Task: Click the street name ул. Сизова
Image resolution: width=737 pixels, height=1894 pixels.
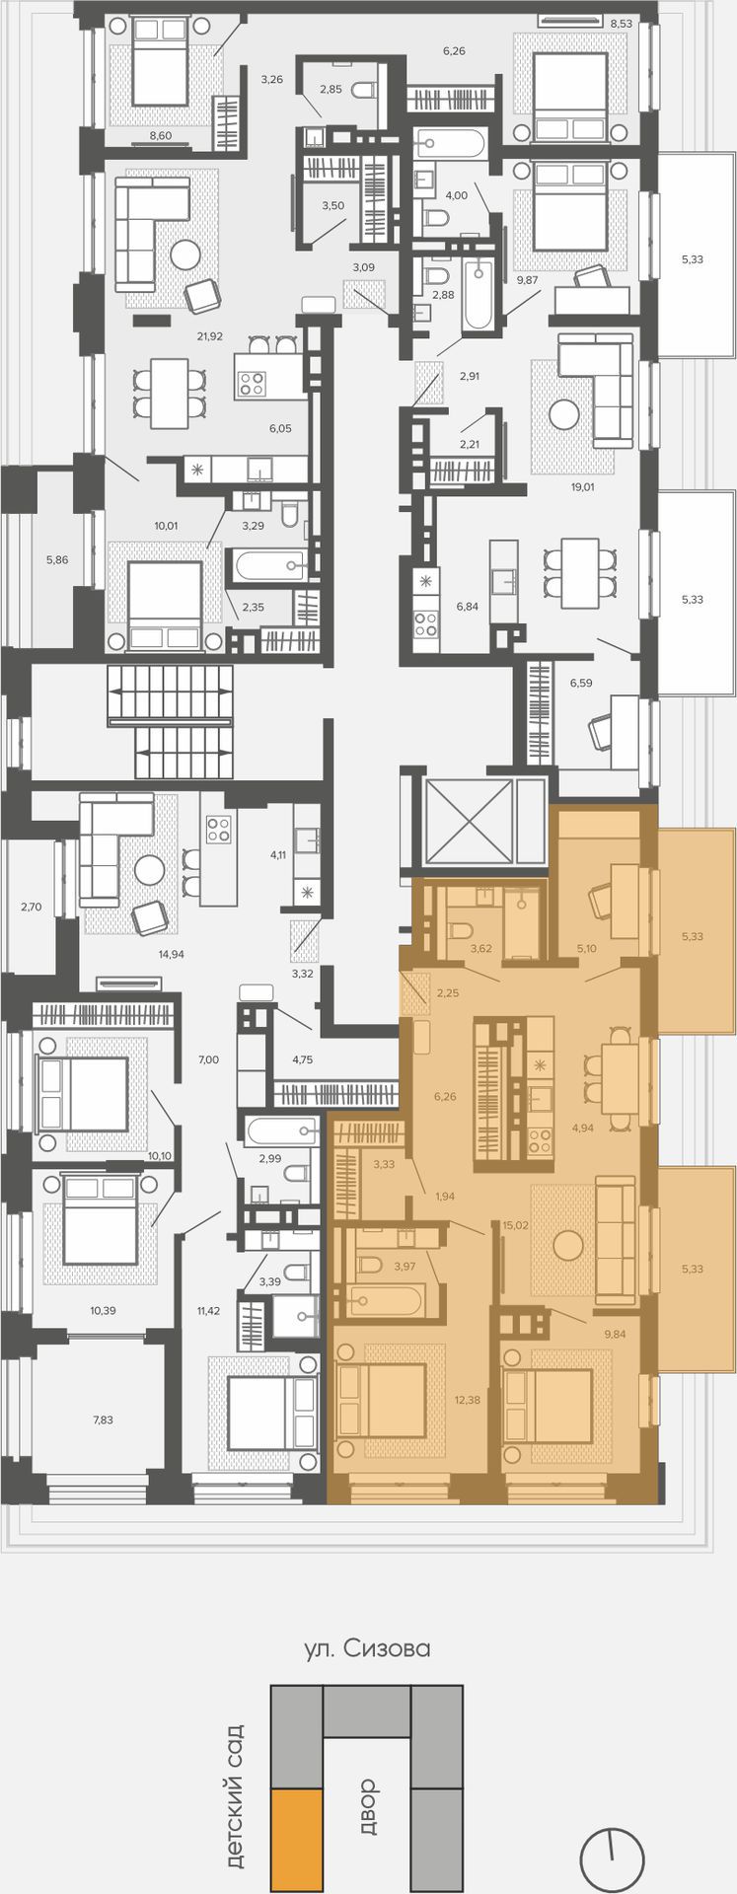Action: [x=367, y=1648]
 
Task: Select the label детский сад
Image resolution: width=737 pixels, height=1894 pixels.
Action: [x=235, y=1796]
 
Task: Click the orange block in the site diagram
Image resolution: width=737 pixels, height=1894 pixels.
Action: [x=297, y=1827]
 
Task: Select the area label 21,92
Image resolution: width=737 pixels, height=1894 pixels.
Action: [x=209, y=336]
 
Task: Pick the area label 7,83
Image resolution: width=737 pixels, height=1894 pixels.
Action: [x=103, y=1420]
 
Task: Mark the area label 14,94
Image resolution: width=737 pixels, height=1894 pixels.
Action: [x=172, y=954]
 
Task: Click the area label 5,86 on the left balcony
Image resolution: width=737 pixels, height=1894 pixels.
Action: [x=57, y=560]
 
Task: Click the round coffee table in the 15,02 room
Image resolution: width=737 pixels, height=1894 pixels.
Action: [x=568, y=1246]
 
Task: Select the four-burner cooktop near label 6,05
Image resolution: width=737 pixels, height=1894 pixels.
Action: [x=252, y=383]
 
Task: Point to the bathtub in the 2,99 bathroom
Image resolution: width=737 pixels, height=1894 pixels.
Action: [x=284, y=1130]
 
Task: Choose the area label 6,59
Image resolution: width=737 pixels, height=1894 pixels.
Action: [x=580, y=683]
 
